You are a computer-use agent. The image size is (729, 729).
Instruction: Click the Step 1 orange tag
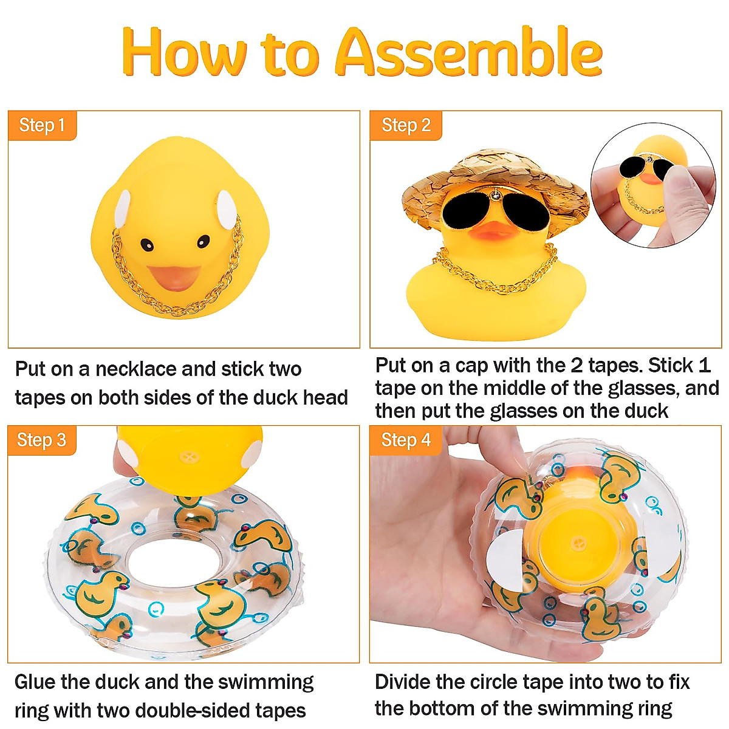pos(42,126)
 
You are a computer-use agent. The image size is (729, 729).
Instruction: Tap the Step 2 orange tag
pos(405,126)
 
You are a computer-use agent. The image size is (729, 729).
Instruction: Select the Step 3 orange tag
pos(41,440)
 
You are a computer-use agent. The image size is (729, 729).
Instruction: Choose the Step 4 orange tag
pos(405,440)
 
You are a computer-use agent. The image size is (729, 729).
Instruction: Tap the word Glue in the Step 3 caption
pos(36,682)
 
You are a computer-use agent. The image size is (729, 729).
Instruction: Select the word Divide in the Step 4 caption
pos(406,682)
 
